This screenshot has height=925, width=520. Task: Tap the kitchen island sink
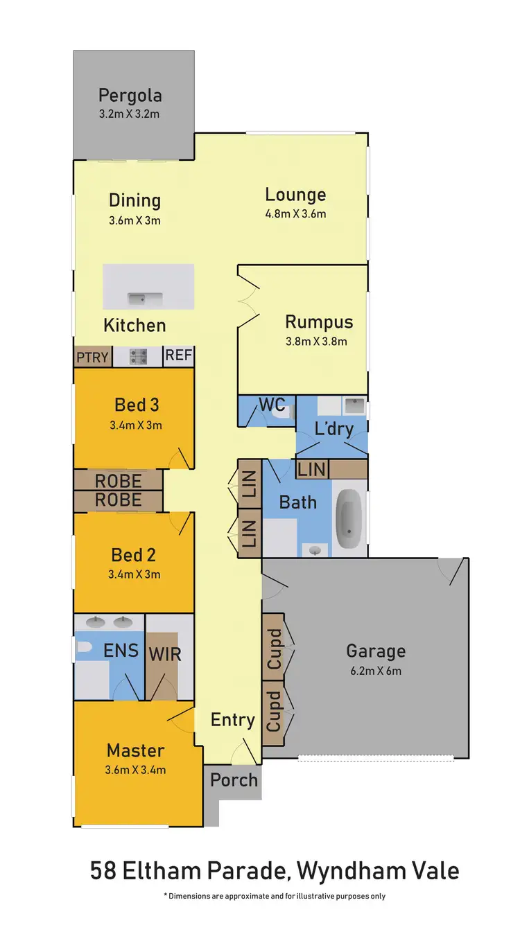[x=145, y=299]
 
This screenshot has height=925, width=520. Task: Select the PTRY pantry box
[x=92, y=357]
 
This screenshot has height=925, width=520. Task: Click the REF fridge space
[x=178, y=356]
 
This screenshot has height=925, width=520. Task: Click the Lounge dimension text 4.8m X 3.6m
[x=295, y=213]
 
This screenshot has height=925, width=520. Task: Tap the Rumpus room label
[x=319, y=322]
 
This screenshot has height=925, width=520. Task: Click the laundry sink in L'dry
[x=354, y=405]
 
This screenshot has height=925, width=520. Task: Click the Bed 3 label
[x=136, y=404]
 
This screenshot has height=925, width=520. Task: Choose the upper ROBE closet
[x=118, y=480]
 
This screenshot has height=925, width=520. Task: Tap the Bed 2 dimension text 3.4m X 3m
[x=133, y=574]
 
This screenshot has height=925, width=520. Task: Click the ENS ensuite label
[x=121, y=651]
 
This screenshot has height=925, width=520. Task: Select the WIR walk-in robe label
[x=164, y=653]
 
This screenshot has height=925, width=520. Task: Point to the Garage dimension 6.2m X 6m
[x=375, y=670]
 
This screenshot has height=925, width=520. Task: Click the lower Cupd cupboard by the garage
[x=274, y=712]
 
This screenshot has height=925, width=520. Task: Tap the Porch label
[x=234, y=779]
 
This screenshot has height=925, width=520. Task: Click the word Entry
[x=232, y=720]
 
